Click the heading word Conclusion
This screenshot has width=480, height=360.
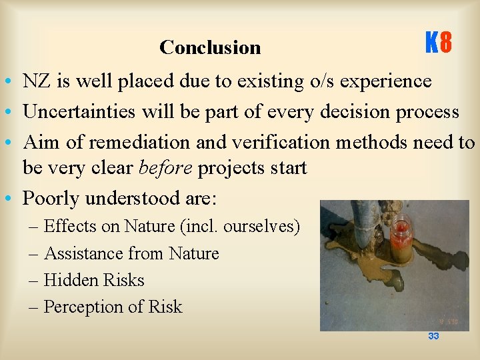[x=210, y=47]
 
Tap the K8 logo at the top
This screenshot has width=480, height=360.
[x=439, y=44]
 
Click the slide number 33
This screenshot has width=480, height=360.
[x=433, y=336]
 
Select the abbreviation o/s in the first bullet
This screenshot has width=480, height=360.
[x=319, y=81]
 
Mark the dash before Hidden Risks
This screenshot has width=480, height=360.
[x=35, y=281]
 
